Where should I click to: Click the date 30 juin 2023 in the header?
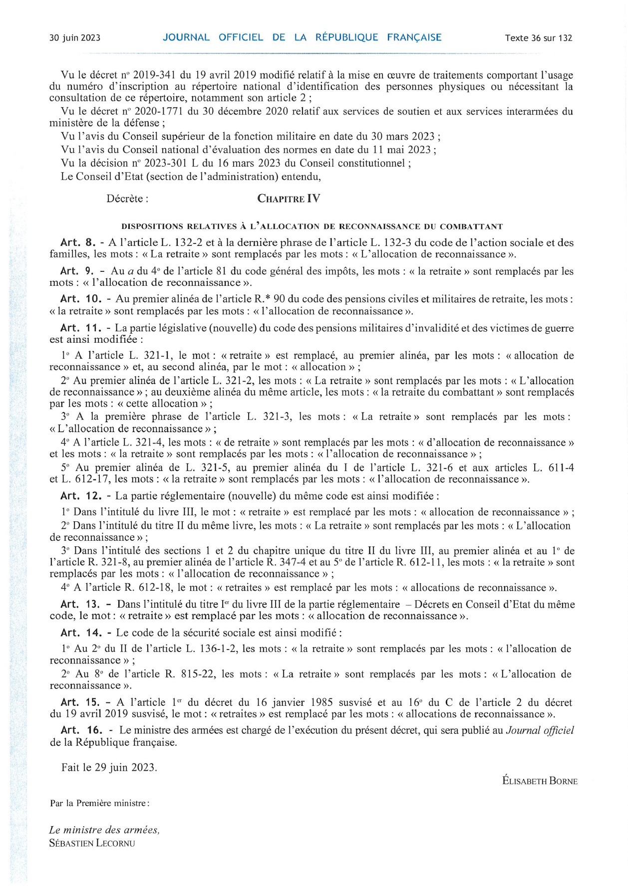75,38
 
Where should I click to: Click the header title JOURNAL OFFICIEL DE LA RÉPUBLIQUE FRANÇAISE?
302,37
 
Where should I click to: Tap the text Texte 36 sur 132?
538,38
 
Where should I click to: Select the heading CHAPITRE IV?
289,199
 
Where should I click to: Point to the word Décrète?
127,199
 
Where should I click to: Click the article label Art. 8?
78,243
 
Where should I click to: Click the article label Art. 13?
80,605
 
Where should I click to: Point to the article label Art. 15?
80,703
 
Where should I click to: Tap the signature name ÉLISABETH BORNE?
540,781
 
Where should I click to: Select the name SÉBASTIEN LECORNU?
92,844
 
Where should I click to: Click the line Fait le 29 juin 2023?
109,768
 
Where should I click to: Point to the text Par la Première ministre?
99,804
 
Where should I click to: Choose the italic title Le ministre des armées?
104,830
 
